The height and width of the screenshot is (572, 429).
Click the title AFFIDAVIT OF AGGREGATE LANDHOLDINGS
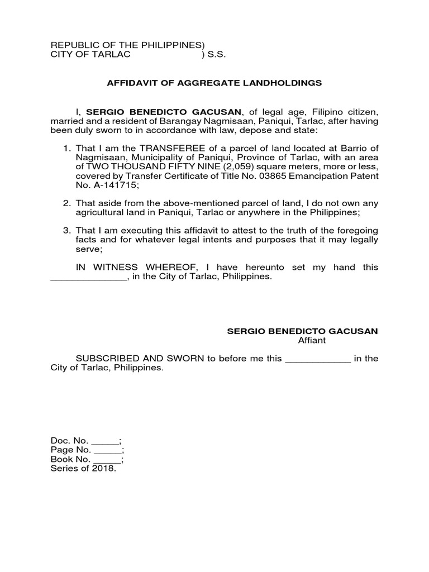(x=214, y=83)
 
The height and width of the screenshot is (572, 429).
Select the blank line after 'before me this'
(x=318, y=359)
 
